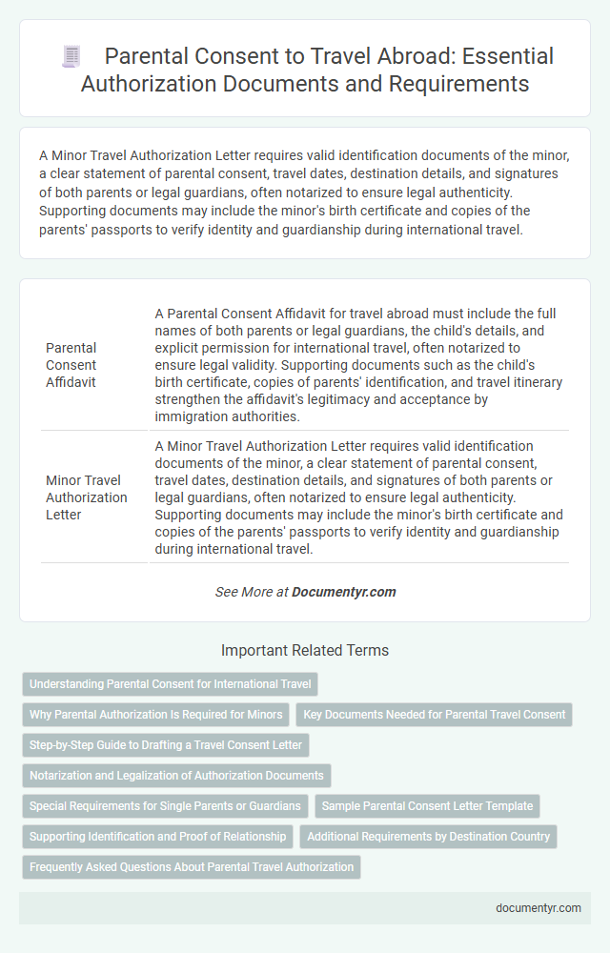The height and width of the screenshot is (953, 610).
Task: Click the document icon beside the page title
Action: tap(71, 56)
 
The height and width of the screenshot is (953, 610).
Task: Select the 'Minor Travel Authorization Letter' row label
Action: tap(85, 497)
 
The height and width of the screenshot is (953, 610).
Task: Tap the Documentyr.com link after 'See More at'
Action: tap(343, 592)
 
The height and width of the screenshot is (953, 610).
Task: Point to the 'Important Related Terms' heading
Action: tap(305, 651)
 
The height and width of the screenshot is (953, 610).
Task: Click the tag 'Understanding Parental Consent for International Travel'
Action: tap(170, 684)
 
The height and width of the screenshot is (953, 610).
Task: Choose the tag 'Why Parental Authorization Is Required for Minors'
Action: tap(155, 715)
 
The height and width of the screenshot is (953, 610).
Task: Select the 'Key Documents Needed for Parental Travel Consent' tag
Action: tap(435, 715)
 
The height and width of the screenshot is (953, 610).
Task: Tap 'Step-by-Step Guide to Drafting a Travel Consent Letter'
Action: tap(165, 745)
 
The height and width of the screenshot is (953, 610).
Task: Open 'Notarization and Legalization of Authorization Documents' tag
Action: tap(176, 776)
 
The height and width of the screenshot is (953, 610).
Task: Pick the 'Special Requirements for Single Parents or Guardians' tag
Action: tap(165, 806)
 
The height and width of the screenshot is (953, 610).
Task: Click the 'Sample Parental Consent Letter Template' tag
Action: tap(427, 806)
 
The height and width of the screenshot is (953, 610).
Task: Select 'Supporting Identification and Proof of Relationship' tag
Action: tap(157, 837)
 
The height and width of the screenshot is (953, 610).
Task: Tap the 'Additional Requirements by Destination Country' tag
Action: tap(428, 837)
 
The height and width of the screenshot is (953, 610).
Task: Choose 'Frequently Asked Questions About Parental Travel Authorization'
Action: tap(191, 867)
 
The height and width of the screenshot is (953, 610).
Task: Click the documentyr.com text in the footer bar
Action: tap(539, 907)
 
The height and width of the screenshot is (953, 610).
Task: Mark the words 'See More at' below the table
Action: tap(252, 592)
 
